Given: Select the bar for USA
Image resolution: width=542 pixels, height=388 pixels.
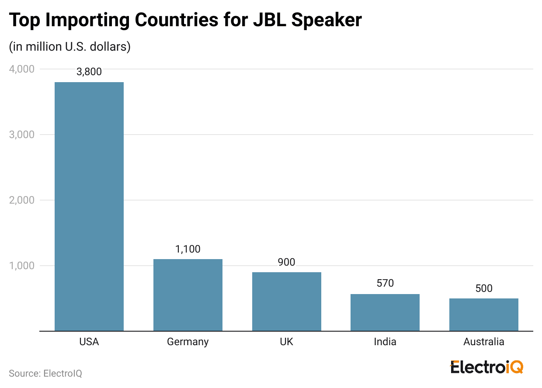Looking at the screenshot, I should click(x=89, y=207).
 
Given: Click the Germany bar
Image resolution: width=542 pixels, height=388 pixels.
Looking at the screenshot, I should click(x=188, y=295).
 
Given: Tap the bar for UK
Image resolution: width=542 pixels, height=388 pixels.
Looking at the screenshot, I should click(x=287, y=301).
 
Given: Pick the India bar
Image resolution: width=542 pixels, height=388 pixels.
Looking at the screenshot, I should click(x=385, y=312).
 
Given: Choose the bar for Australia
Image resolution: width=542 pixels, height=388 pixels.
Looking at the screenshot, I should click(x=484, y=315).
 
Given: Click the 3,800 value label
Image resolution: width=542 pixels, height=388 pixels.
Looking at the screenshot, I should click(x=89, y=72).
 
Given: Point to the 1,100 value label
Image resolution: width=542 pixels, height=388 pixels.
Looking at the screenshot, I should click(x=188, y=249).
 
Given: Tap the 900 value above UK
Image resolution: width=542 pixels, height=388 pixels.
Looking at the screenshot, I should click(x=287, y=262).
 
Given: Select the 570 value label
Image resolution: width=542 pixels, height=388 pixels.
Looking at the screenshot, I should click(x=385, y=283).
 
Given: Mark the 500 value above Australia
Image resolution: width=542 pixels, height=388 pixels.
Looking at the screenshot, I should click(x=484, y=288).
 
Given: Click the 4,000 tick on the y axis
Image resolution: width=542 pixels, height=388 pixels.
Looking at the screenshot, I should click(x=21, y=69).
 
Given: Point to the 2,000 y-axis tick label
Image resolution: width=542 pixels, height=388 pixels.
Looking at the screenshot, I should click(x=21, y=200).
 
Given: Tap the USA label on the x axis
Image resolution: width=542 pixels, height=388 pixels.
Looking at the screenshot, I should click(x=89, y=342).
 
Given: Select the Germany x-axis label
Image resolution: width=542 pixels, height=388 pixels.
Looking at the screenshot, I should click(x=188, y=342).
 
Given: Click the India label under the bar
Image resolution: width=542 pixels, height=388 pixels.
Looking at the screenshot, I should click(x=385, y=342).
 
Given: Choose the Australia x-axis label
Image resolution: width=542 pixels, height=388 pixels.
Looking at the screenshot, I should click(x=484, y=342).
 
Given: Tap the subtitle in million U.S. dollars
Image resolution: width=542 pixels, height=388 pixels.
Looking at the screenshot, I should click(x=70, y=47).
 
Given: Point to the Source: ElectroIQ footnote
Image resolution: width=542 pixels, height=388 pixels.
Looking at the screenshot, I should click(x=45, y=374).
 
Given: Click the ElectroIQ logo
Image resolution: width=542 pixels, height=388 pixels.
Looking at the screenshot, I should click(x=486, y=367).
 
